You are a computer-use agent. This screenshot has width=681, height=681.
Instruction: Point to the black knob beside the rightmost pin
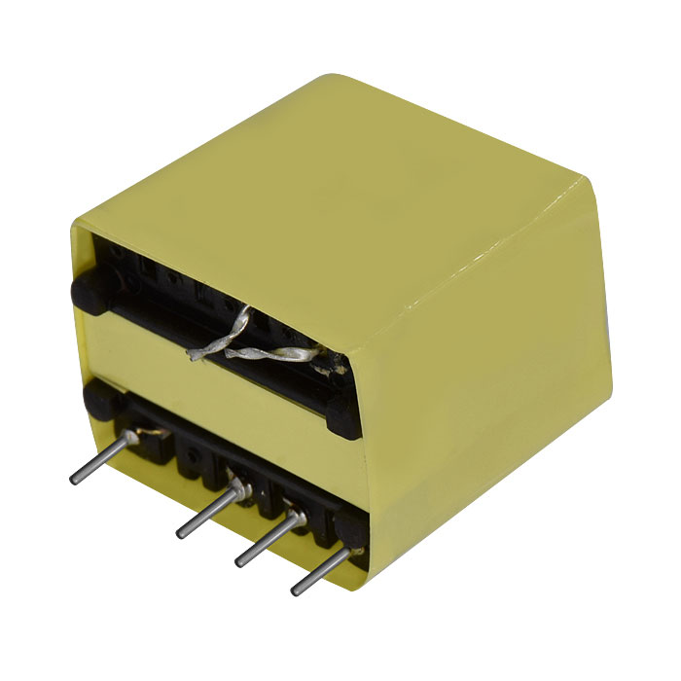344,531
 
